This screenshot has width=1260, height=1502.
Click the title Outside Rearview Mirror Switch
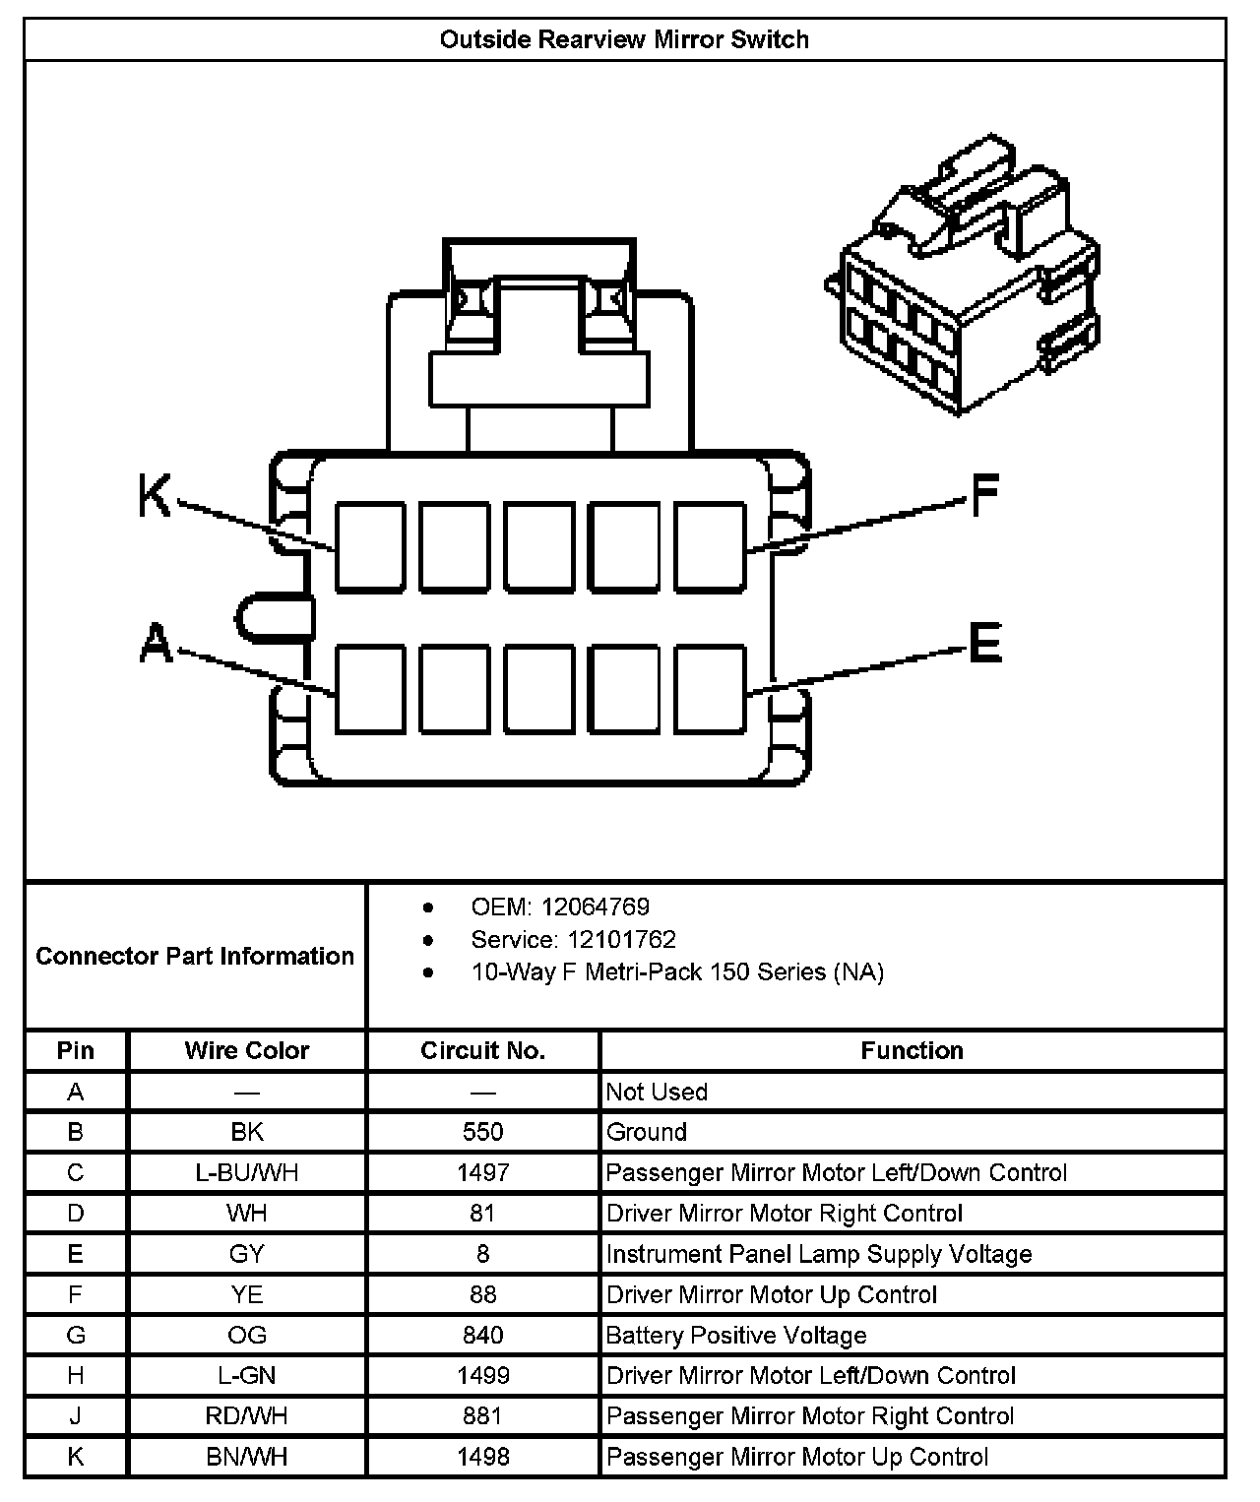click(x=624, y=40)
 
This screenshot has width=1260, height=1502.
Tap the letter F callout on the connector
click(x=985, y=495)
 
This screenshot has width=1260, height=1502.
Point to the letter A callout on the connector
click(x=156, y=644)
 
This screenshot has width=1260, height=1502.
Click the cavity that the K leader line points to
click(x=370, y=547)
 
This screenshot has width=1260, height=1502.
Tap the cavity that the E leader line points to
click(x=710, y=689)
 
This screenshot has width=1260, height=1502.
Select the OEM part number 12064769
click(x=595, y=907)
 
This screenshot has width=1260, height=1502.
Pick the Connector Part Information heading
click(x=195, y=956)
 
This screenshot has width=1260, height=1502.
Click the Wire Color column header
click(x=247, y=1050)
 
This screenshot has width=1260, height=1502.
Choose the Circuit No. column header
click(x=482, y=1050)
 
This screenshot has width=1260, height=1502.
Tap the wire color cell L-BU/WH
click(x=247, y=1172)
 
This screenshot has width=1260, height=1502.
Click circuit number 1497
click(x=482, y=1172)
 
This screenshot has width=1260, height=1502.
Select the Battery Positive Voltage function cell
click(x=736, y=1335)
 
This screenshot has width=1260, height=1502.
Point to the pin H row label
click(x=76, y=1375)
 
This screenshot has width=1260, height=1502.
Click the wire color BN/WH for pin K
click(x=247, y=1457)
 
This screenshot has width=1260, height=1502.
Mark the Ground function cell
click(x=647, y=1132)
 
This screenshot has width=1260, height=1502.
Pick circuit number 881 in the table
click(x=482, y=1415)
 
